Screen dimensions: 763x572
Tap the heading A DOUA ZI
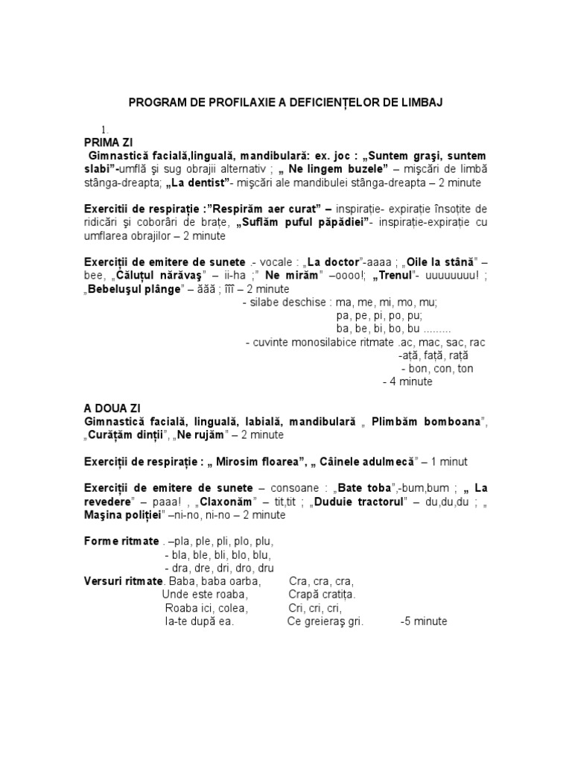[112, 409]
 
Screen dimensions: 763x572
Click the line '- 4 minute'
[407, 381]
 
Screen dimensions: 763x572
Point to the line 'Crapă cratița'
[322, 595]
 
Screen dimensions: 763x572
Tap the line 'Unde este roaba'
[205, 595]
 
